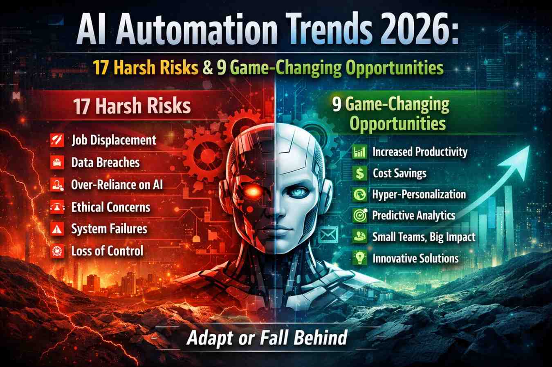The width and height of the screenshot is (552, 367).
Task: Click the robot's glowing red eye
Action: [x=252, y=191]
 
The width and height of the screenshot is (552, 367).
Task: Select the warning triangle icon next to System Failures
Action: [x=57, y=229]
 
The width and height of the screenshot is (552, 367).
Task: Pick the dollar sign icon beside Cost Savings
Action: [x=359, y=173]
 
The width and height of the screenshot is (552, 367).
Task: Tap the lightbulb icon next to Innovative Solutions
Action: [x=359, y=258]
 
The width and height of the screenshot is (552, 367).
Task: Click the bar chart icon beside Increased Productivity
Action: [x=359, y=152]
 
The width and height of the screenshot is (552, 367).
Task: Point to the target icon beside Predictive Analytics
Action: [x=359, y=216]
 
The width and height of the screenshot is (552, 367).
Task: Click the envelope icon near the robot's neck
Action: [x=328, y=235]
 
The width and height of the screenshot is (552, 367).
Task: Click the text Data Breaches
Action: [x=105, y=163]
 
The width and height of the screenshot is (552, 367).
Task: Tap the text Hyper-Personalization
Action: [x=419, y=195]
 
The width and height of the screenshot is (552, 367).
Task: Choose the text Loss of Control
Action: [x=107, y=251]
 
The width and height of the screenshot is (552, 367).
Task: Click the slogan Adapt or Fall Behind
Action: [x=267, y=338]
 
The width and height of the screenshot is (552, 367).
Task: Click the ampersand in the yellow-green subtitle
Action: [x=208, y=67]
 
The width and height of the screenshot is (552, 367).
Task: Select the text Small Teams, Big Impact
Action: [x=423, y=237]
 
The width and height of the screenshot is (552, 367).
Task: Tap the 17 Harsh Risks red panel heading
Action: [x=132, y=106]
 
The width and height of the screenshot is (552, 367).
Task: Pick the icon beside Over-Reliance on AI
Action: [x=57, y=185]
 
